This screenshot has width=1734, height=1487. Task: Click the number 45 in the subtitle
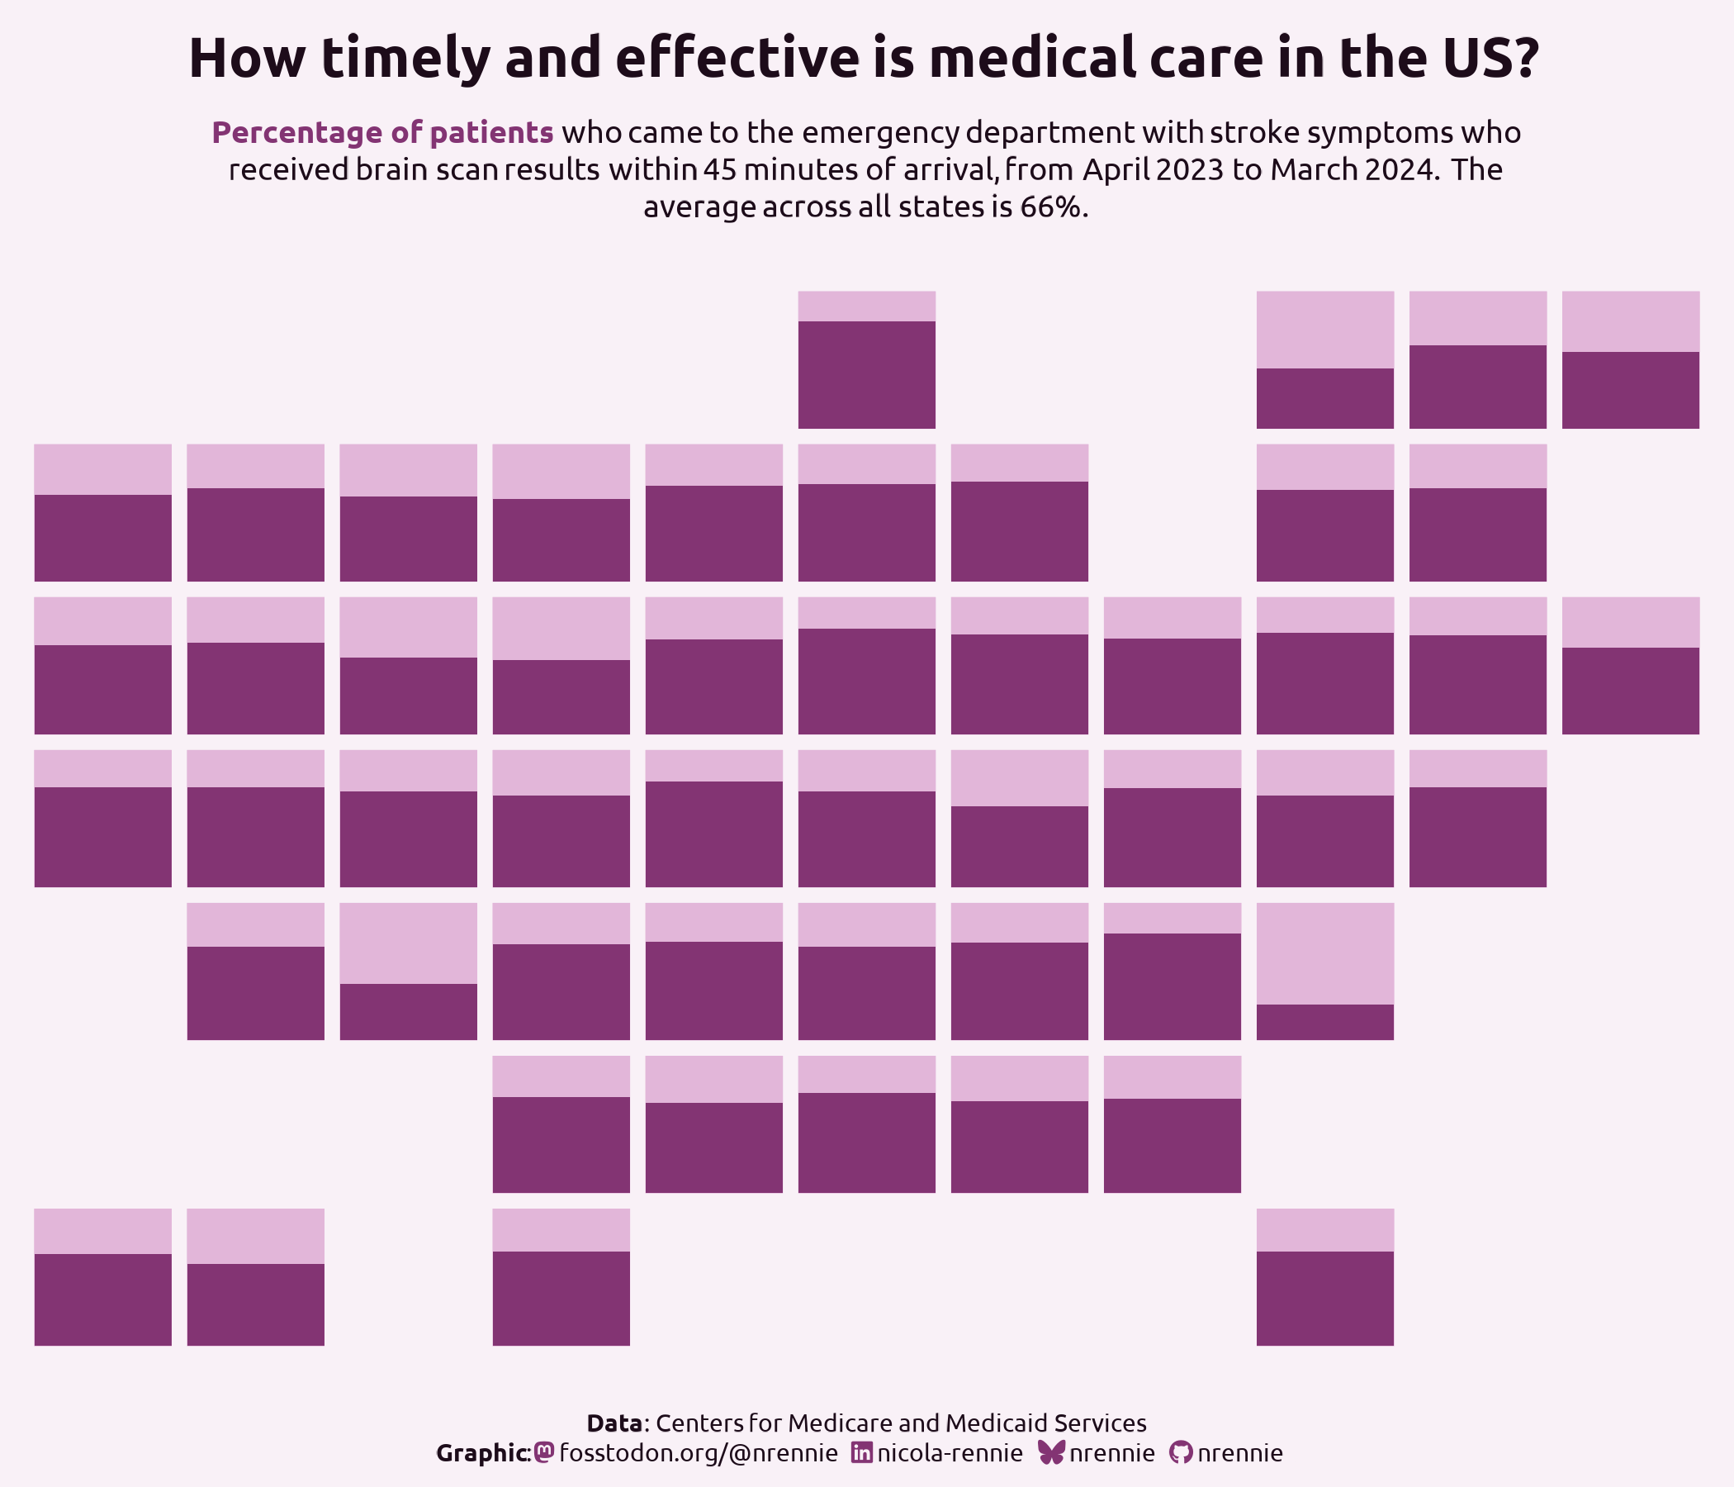pyautogui.click(x=720, y=170)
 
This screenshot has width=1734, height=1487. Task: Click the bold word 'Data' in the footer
pyautogui.click(x=615, y=1423)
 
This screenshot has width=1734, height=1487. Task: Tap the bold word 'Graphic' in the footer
pyautogui.click(x=481, y=1452)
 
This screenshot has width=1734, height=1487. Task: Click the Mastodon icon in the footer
pyautogui.click(x=544, y=1451)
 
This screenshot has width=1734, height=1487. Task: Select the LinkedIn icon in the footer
pyautogui.click(x=861, y=1451)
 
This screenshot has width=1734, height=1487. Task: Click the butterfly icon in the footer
pyautogui.click(x=1050, y=1451)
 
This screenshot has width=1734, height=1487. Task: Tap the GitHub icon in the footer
pyautogui.click(x=1180, y=1451)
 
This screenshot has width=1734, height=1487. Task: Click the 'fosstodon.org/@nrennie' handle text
pyautogui.click(x=698, y=1452)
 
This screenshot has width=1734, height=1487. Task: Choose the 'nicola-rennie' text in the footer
pyautogui.click(x=950, y=1452)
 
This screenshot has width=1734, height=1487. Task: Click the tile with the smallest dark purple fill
pyautogui.click(x=1324, y=972)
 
